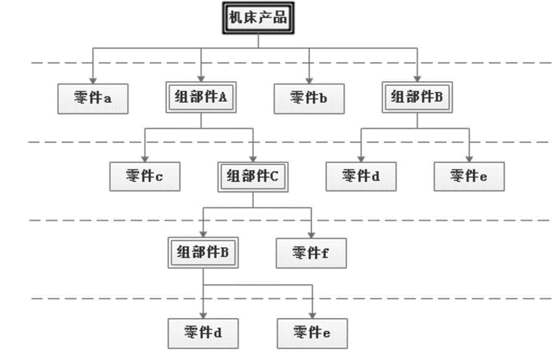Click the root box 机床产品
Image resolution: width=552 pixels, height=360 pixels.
[258, 19]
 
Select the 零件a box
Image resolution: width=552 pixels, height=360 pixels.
[93, 98]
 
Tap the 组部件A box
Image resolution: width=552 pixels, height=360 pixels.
[202, 98]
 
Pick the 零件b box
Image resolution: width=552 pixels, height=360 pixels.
[310, 98]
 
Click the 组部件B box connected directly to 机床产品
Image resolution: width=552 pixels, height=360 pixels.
[417, 98]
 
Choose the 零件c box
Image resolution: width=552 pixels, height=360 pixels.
[145, 176]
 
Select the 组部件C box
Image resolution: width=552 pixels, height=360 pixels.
[253, 176]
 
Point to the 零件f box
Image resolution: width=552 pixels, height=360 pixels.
[311, 253]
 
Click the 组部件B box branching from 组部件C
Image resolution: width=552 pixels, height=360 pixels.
[203, 252]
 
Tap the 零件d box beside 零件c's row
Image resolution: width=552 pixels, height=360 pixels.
[361, 176]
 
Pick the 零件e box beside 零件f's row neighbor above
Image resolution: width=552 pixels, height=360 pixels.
[470, 176]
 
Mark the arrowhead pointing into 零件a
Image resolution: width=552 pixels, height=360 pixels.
[93, 79]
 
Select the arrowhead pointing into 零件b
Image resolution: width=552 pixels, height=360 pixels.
[310, 79]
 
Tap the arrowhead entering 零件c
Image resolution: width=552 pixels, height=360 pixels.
[145, 157]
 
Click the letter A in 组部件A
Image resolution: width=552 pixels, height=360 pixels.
[223, 98]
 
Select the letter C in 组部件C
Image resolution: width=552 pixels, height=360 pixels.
[274, 176]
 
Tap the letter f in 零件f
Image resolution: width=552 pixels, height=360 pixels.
[325, 253]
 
